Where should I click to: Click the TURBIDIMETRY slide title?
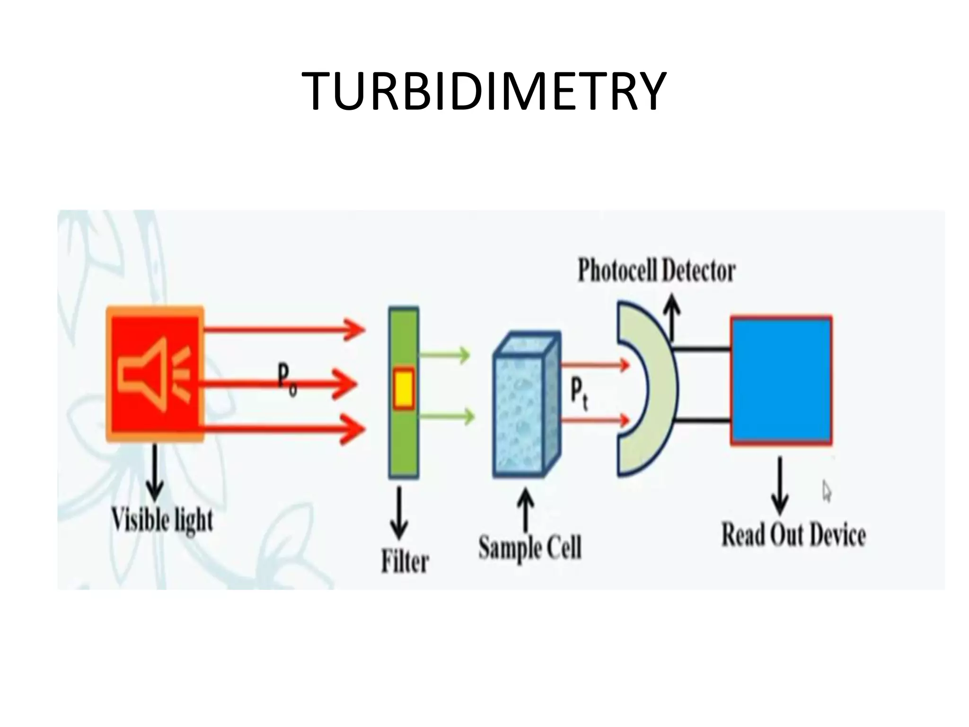[x=484, y=91]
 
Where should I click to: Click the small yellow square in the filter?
[x=404, y=388]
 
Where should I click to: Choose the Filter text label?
[x=405, y=562]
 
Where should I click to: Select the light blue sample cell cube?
[x=523, y=412]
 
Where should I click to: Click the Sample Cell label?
[x=530, y=548]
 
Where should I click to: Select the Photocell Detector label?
[x=657, y=271]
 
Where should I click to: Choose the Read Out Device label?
[x=793, y=535]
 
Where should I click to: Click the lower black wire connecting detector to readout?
[x=702, y=420]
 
